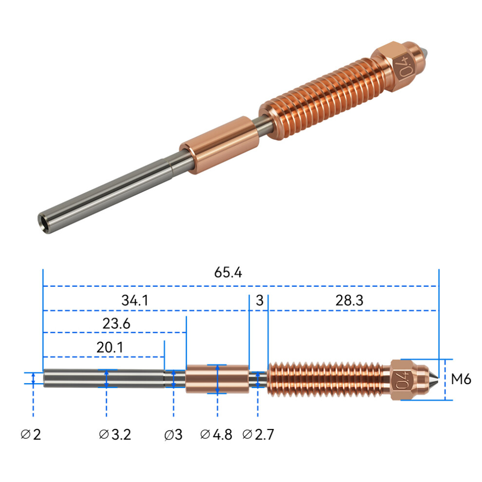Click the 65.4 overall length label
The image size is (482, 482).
(x=228, y=272)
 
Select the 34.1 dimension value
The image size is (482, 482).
(x=135, y=300)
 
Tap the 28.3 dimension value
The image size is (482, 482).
(x=349, y=300)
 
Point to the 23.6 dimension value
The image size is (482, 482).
(x=116, y=323)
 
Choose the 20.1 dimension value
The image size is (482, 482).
(x=110, y=347)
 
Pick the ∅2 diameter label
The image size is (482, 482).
(x=31, y=435)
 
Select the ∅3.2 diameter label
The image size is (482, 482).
(x=115, y=435)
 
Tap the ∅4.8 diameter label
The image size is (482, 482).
(x=216, y=435)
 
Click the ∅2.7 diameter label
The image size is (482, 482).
(x=258, y=435)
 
